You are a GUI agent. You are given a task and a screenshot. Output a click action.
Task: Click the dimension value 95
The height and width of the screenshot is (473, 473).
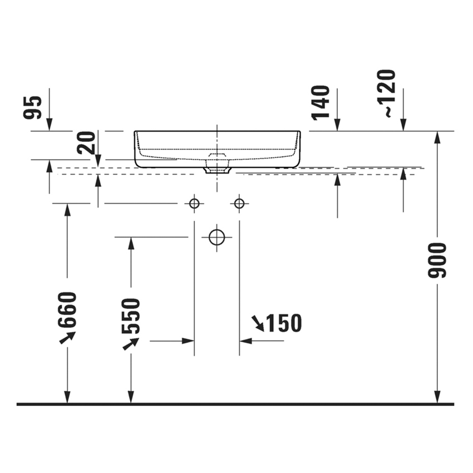click(x=32, y=107)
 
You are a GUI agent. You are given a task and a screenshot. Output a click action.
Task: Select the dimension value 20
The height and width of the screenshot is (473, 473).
click(x=86, y=143)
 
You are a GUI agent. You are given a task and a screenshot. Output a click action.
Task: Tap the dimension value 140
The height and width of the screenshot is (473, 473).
click(x=321, y=103)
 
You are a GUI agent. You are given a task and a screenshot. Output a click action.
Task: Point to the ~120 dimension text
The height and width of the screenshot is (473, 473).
click(x=386, y=93)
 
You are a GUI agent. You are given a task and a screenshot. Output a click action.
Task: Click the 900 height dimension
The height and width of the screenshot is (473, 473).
click(x=437, y=260)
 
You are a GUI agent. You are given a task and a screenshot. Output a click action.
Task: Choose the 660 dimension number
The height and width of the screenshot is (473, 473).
click(x=67, y=309)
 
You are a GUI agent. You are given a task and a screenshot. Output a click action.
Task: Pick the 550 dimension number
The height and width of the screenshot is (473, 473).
click(x=131, y=316)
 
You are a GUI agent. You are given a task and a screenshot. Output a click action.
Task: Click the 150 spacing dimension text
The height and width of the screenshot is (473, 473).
click(x=284, y=323)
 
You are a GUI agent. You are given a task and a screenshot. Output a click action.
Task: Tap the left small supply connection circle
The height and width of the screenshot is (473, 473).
click(x=194, y=204)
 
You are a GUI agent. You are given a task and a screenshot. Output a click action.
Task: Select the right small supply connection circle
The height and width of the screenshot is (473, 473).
click(x=239, y=204)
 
